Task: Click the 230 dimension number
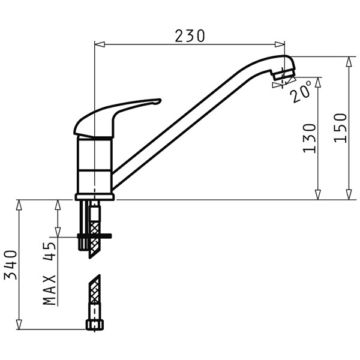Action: coord(190,36)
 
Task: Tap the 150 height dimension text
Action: coord(340,128)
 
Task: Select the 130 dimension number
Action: coord(309,138)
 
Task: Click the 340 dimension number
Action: coord(11,265)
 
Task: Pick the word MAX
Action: coord(49,290)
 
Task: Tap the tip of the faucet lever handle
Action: coord(160,100)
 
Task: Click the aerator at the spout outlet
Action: coord(283,74)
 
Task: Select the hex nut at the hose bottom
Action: coord(95,325)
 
